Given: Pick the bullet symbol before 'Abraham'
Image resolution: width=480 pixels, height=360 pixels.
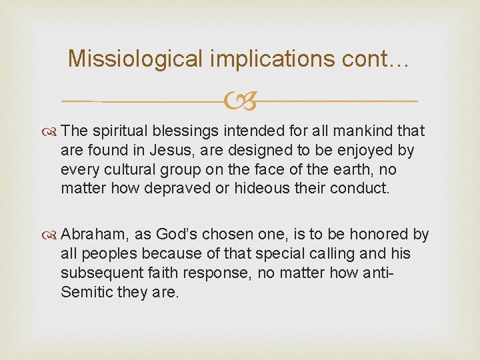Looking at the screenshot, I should (52, 235).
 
